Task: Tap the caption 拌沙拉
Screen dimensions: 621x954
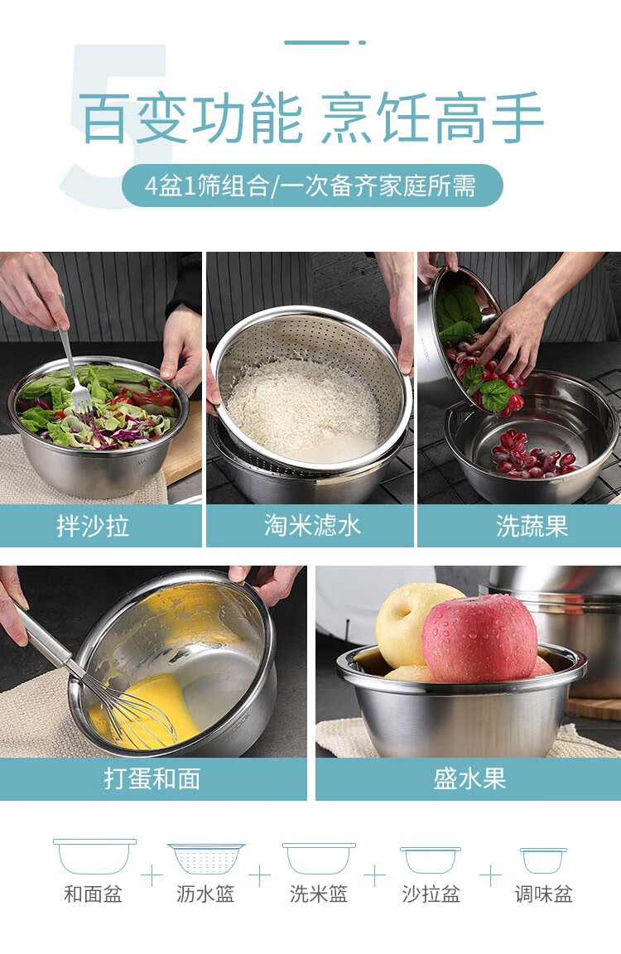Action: point(93,526)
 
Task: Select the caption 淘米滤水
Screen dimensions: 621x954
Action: point(313,526)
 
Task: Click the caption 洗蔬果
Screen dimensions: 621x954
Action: point(532,526)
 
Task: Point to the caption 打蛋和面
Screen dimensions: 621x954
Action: point(152,778)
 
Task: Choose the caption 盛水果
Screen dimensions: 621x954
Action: point(469,778)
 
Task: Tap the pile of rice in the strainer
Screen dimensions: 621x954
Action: point(304,407)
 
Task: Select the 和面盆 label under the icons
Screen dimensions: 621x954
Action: point(93,894)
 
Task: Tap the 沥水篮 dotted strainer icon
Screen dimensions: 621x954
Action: point(206,858)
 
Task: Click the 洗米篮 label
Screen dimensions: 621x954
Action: point(319,894)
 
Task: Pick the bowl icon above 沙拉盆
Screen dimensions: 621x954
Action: point(431,859)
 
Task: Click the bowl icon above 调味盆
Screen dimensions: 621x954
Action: point(544,860)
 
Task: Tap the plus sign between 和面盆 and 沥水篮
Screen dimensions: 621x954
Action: point(152,876)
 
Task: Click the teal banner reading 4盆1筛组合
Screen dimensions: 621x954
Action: point(312,185)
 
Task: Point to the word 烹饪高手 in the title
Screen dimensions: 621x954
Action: point(432,118)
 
